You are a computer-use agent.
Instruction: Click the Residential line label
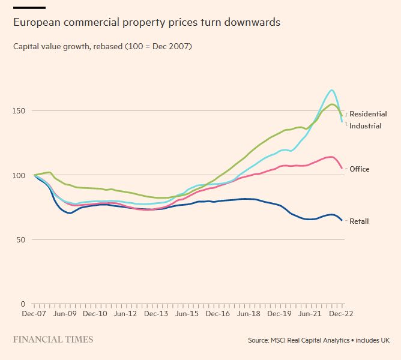click(368, 114)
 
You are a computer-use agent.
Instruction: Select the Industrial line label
click(366, 126)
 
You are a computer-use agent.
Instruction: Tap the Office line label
click(360, 169)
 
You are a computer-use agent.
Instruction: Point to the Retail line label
click(359, 221)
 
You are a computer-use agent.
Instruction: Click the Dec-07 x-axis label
click(34, 313)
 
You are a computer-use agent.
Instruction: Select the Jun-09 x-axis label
click(64, 313)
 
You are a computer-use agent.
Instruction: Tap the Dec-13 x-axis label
click(157, 313)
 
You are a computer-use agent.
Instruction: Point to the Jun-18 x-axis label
click(250, 313)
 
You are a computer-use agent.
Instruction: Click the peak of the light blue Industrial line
click(331, 90)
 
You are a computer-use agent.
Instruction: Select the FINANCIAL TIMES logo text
click(53, 340)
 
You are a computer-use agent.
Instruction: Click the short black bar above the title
click(29, 8)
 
